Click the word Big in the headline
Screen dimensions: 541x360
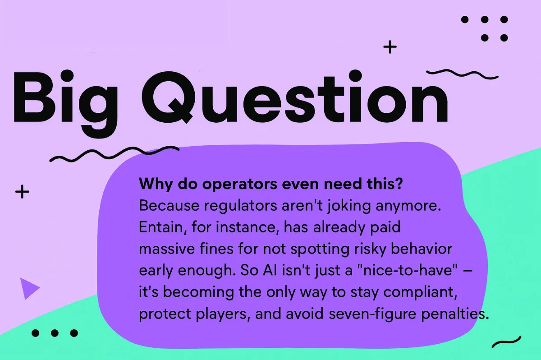point(65,103)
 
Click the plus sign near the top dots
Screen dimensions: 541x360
point(390,47)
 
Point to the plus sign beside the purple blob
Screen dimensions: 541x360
point(22,192)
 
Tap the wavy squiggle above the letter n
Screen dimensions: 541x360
point(462,74)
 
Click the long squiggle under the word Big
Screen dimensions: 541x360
point(114,154)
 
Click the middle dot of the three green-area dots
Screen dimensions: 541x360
point(55,333)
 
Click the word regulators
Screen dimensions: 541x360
point(241,206)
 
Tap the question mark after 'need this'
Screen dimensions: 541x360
point(399,184)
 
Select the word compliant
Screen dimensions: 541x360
point(420,292)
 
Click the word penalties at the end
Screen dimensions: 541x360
point(455,314)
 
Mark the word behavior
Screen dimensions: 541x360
point(422,249)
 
